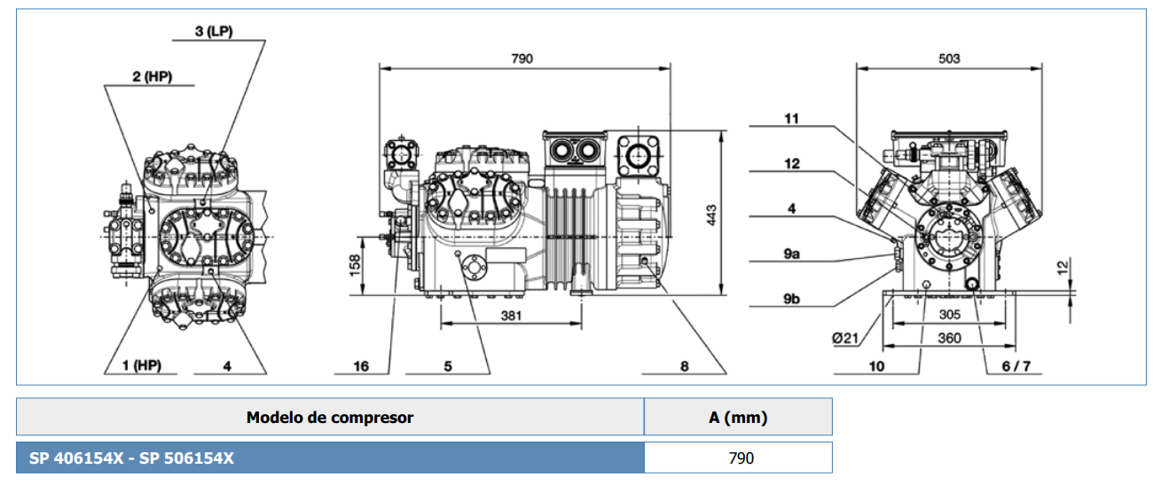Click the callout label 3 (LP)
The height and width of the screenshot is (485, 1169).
[x=214, y=31]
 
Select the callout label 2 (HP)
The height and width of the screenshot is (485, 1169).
[x=152, y=76]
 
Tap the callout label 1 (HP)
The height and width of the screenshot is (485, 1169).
[x=141, y=365]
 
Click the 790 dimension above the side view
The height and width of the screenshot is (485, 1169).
[x=522, y=59]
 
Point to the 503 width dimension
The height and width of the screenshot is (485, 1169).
[x=949, y=59]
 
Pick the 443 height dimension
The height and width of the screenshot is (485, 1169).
[x=711, y=215]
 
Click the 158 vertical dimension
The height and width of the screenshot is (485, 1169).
[x=355, y=265]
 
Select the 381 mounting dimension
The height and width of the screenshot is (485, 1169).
[x=511, y=316]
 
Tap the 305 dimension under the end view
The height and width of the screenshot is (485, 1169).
[x=949, y=315]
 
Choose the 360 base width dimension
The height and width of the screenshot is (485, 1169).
[x=949, y=339]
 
